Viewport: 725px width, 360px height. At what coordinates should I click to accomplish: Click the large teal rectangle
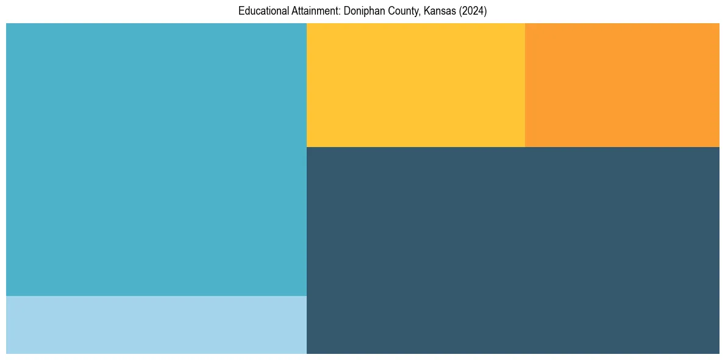coord(156,159)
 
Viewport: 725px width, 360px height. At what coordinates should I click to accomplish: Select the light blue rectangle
coord(156,325)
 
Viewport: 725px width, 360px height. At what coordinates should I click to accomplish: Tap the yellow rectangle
coord(415,85)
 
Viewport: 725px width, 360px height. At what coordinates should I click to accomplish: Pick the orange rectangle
coord(622,85)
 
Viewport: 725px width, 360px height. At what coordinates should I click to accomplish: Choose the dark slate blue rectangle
coord(513,250)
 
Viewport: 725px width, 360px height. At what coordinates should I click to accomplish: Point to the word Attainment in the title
coord(315,11)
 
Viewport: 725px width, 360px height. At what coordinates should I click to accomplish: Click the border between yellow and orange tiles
coord(525,85)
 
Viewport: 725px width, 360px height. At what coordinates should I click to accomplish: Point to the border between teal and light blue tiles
coord(156,296)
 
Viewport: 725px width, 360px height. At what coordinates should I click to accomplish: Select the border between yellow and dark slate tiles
coord(415,147)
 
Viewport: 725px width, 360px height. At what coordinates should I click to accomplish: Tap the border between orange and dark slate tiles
coord(622,147)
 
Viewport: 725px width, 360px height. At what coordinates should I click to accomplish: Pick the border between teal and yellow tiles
coord(307,85)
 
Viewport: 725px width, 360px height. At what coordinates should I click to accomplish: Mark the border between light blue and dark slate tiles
coord(307,325)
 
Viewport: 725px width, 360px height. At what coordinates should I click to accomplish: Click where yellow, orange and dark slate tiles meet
coord(525,147)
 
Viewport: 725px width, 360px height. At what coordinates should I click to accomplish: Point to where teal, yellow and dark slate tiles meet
coord(307,147)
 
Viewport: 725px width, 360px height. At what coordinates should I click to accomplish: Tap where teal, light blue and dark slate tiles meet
coord(307,296)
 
